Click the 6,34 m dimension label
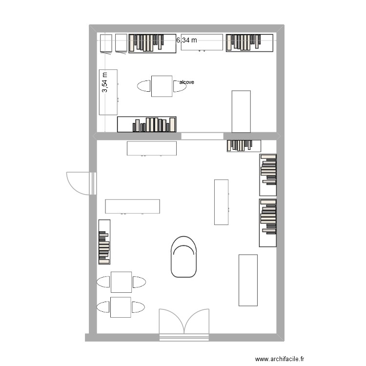(186, 41)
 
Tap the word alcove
(186, 82)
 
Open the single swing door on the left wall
(79, 183)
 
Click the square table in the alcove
(162, 86)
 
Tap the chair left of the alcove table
(144, 86)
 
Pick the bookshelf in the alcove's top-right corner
(249, 43)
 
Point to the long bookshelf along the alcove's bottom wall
(146, 124)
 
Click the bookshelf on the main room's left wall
(104, 242)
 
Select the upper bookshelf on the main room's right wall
(267, 175)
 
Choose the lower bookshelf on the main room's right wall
(267, 223)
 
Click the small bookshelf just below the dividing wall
(244, 145)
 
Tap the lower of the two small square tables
(121, 307)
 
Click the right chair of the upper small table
(139, 282)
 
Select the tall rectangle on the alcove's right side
(241, 111)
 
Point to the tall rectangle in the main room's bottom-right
(248, 280)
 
